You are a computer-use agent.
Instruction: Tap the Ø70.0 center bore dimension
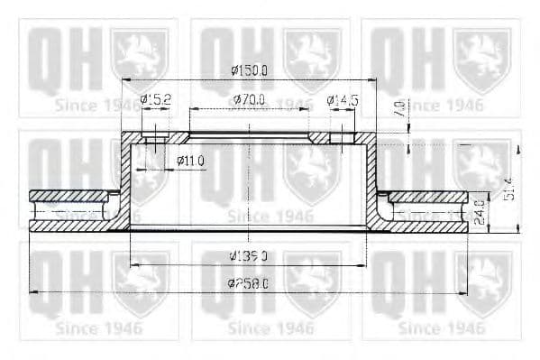click(x=249, y=100)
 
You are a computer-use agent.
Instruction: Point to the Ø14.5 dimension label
click(x=343, y=100)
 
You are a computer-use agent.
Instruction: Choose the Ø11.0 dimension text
click(x=191, y=161)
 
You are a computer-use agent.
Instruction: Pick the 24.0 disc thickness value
click(x=479, y=213)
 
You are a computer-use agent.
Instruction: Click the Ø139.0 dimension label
click(x=250, y=256)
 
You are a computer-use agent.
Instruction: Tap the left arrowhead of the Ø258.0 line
click(x=34, y=291)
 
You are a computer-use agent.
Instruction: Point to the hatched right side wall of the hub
click(x=371, y=180)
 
